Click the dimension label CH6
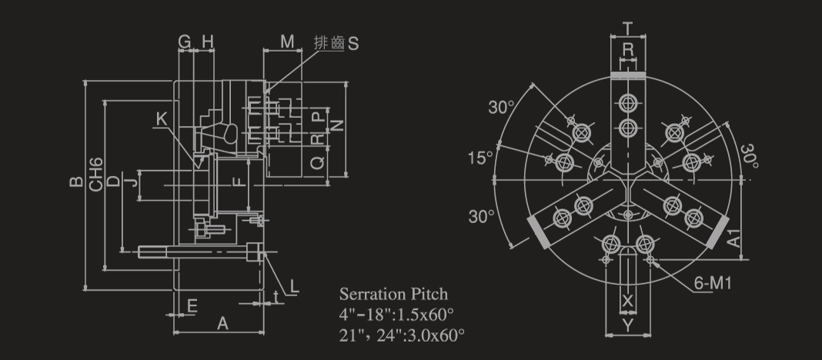coord(95,175)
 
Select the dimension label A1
coord(734,238)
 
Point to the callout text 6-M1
coord(713,284)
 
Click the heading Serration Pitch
coord(394,294)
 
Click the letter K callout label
coord(162,120)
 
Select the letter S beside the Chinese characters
coord(353,44)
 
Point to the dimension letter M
coord(287,42)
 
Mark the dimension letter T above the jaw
coord(627,28)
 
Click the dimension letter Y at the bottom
coord(628,325)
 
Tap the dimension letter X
coord(627,301)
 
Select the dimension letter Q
coord(317,164)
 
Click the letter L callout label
coord(294,286)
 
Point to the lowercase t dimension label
coord(276,297)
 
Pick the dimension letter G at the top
coord(185,42)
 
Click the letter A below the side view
coord(222,324)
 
